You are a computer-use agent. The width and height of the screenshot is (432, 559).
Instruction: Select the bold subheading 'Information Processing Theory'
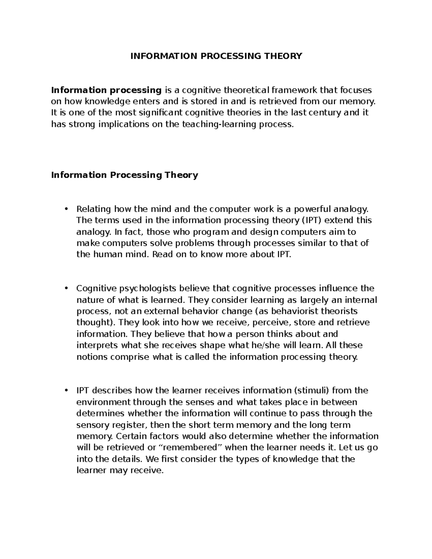pos(125,175)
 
